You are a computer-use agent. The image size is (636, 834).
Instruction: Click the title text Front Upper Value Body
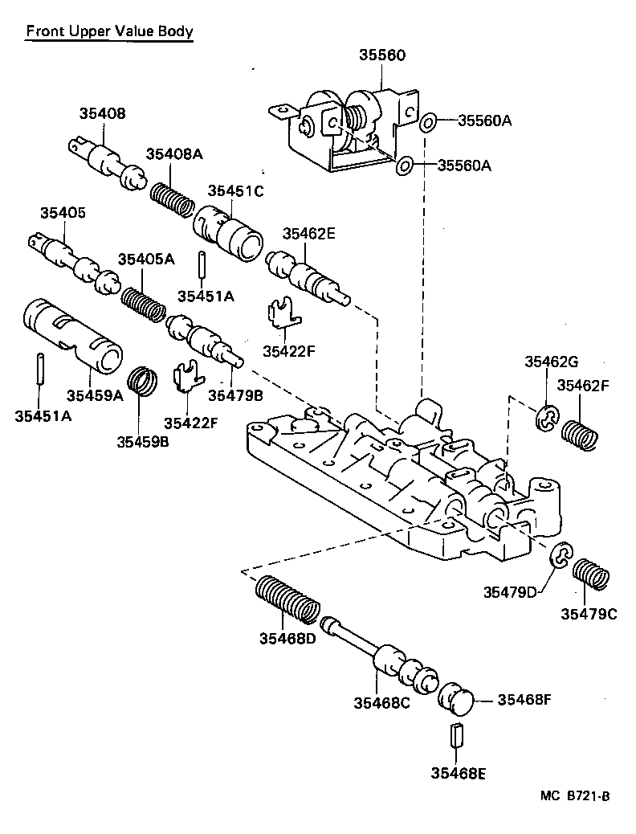click(108, 32)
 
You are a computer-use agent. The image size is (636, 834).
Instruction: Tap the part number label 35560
click(381, 55)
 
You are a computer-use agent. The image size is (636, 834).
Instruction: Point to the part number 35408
click(102, 114)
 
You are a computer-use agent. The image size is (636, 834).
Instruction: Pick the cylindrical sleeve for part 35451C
click(229, 230)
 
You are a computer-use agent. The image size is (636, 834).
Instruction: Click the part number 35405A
click(145, 259)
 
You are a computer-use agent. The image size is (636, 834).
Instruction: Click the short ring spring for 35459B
click(143, 381)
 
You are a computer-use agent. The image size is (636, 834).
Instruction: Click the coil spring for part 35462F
click(580, 434)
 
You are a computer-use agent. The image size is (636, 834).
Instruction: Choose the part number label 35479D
click(510, 592)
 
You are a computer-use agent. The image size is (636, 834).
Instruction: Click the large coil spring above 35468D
click(287, 602)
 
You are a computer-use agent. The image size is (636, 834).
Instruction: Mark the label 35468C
click(381, 703)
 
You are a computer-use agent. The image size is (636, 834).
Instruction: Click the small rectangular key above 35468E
click(457, 734)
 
